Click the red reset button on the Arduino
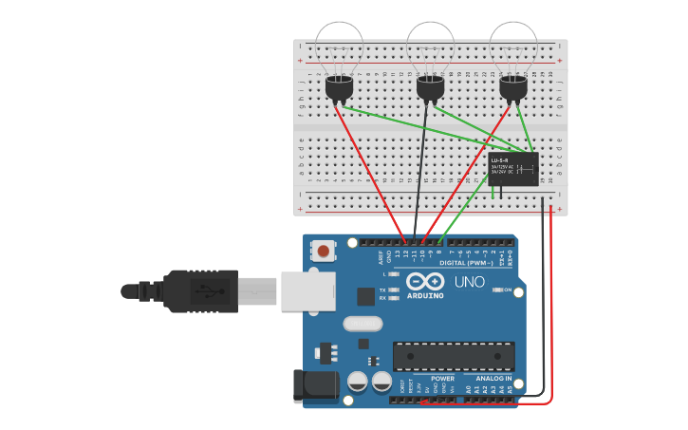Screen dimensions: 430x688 [325, 252]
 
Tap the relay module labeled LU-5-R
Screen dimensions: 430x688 [512, 169]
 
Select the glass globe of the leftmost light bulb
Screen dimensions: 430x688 [339, 46]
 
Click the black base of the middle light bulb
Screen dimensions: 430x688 [430, 88]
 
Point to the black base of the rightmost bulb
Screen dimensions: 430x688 [512, 88]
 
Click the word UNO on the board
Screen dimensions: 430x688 [469, 282]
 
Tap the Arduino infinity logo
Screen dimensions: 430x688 [425, 282]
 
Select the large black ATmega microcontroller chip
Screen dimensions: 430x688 [454, 356]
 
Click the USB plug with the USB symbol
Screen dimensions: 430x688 [199, 290]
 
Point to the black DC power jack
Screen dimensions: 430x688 [315, 385]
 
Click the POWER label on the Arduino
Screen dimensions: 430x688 [442, 378]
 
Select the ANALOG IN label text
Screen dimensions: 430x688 [493, 378]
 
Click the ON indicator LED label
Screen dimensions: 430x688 [509, 290]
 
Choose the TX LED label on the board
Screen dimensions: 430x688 [382, 290]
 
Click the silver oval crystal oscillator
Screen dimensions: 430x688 [362, 324]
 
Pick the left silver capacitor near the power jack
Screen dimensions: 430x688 [358, 382]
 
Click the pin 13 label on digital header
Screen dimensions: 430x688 [396, 253]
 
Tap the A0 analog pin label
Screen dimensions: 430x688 [468, 389]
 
